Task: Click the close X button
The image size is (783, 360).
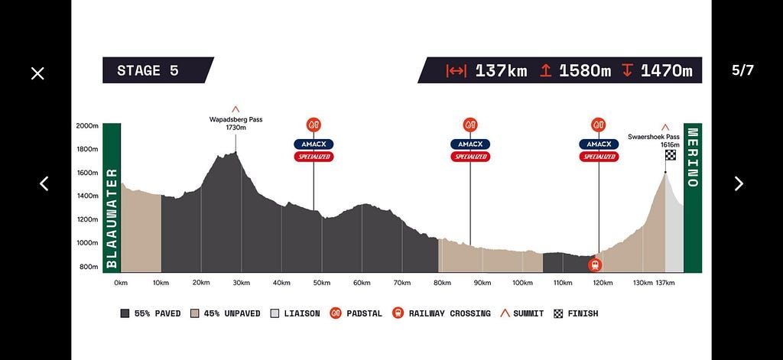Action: point(37,73)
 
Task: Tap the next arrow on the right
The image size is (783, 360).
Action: point(739,183)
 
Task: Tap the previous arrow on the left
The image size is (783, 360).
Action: point(44,183)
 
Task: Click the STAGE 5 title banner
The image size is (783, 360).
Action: point(158,70)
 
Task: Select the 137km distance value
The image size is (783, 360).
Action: point(501,71)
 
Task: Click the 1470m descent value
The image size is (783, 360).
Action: point(666,71)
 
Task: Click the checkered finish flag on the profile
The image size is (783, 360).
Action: point(671,155)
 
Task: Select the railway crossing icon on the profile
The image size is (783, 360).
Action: point(595,264)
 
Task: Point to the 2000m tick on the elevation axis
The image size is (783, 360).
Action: point(87,126)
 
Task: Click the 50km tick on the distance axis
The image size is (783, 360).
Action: point(322,283)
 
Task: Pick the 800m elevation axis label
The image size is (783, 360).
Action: point(89,267)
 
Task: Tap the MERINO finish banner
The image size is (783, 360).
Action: point(693,198)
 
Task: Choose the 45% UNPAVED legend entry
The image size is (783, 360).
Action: point(226,313)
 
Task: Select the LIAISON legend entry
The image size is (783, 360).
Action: point(295,313)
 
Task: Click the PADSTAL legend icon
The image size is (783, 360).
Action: point(336,313)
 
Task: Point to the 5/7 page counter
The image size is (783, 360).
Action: point(742,70)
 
